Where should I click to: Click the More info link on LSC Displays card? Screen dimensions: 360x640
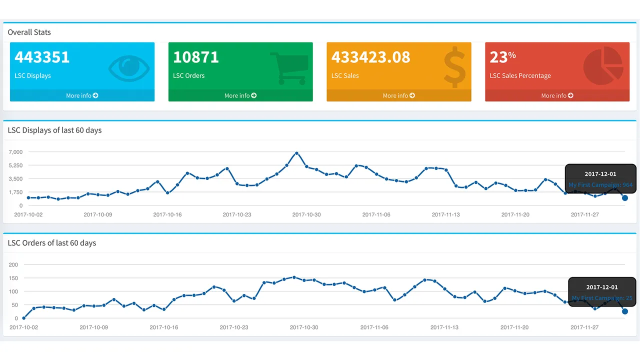coord(82,95)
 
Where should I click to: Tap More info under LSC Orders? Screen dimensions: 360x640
coord(240,95)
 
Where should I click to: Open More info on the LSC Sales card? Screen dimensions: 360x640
coord(398,95)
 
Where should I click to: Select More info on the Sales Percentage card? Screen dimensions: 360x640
coord(557,95)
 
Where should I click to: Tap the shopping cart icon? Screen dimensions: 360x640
coord(289,68)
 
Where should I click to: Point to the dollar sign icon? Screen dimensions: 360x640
coord(454,67)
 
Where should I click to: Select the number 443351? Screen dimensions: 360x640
coord(42,57)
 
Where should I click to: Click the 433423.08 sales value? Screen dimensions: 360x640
coord(370,57)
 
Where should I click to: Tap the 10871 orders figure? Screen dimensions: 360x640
coord(196,57)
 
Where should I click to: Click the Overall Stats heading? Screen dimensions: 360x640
coord(29,32)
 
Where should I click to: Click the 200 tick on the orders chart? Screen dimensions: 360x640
coord(13,264)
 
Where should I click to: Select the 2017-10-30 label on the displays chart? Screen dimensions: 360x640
coord(306,214)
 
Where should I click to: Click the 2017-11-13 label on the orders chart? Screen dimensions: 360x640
coord(444,327)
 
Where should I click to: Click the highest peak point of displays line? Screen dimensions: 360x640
coord(296,153)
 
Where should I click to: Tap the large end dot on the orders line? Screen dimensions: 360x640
coord(625,311)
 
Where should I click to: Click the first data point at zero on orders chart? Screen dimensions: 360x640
coord(24,318)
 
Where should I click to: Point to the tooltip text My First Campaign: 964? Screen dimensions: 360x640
coord(600,185)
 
